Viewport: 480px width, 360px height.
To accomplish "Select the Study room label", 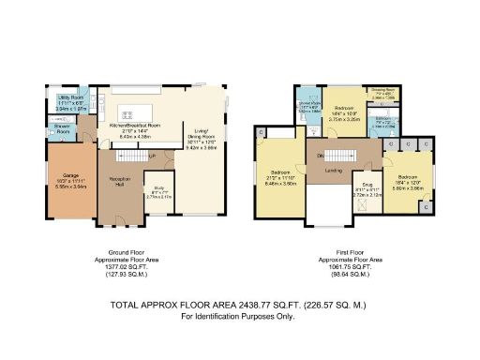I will (x=160, y=194).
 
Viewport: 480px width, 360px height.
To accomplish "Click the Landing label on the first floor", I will (x=331, y=171).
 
